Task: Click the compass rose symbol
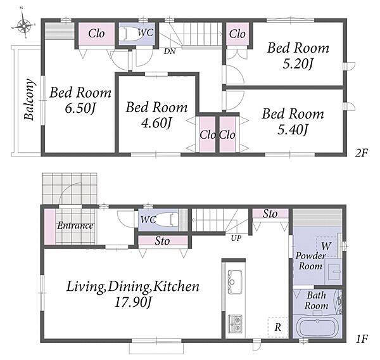point(24,25)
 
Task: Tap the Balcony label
point(30,100)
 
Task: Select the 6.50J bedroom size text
point(80,108)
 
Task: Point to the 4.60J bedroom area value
point(156,123)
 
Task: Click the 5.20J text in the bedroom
point(298,63)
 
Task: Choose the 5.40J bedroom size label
point(293,129)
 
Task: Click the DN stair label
point(170,51)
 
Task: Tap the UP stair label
point(236,238)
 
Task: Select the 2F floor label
point(362,153)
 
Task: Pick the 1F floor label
point(362,338)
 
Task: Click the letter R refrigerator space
point(278,328)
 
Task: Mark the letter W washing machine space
point(326,246)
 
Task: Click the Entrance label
point(75,226)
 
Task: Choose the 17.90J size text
point(133,302)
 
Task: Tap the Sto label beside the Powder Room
point(270,214)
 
